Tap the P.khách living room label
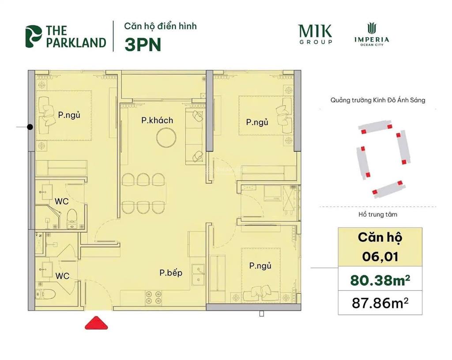tap(157, 120)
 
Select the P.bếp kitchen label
tap(171, 273)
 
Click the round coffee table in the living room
tap(165, 136)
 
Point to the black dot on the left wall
tap(30, 127)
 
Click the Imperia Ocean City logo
tap(371, 35)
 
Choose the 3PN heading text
tap(143, 45)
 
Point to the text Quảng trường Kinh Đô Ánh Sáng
tap(378, 100)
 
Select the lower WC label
tap(62, 276)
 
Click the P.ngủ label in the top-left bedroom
tap(69, 115)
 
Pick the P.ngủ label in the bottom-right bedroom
tap(260, 266)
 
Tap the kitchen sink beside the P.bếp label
tap(200, 269)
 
